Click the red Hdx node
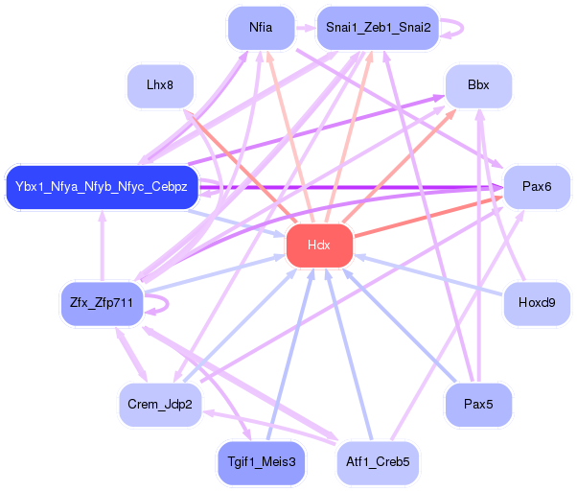319,245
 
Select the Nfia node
259,28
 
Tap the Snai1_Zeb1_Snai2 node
377,28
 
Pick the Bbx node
477,85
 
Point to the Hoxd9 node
536,304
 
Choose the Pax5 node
477,405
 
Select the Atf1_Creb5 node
377,462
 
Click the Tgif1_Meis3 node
261,462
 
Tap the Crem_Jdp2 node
159,405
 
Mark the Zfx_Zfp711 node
101,304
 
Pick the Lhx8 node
160,85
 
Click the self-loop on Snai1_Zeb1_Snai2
456,28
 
